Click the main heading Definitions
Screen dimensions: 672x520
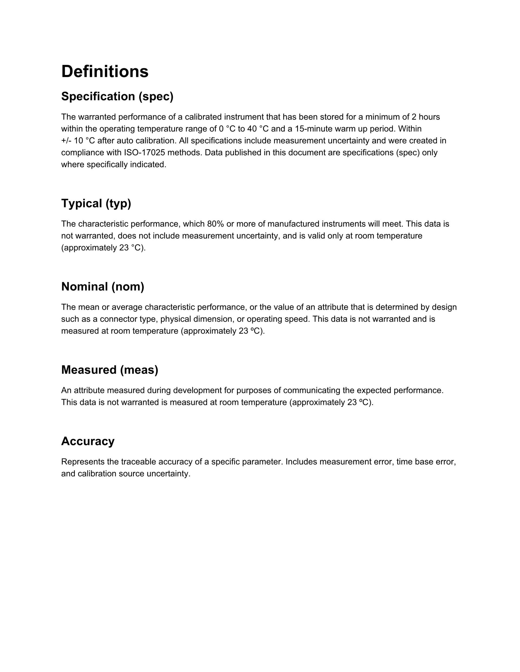(x=105, y=72)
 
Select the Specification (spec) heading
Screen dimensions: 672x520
(x=117, y=96)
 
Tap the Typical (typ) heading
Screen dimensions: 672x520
(x=96, y=203)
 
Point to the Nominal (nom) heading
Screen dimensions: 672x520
(x=103, y=286)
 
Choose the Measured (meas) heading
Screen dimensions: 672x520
(x=110, y=370)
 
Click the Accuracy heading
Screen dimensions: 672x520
(x=88, y=441)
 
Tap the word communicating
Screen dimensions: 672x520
(x=314, y=390)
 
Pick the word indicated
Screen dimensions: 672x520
(x=148, y=164)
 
